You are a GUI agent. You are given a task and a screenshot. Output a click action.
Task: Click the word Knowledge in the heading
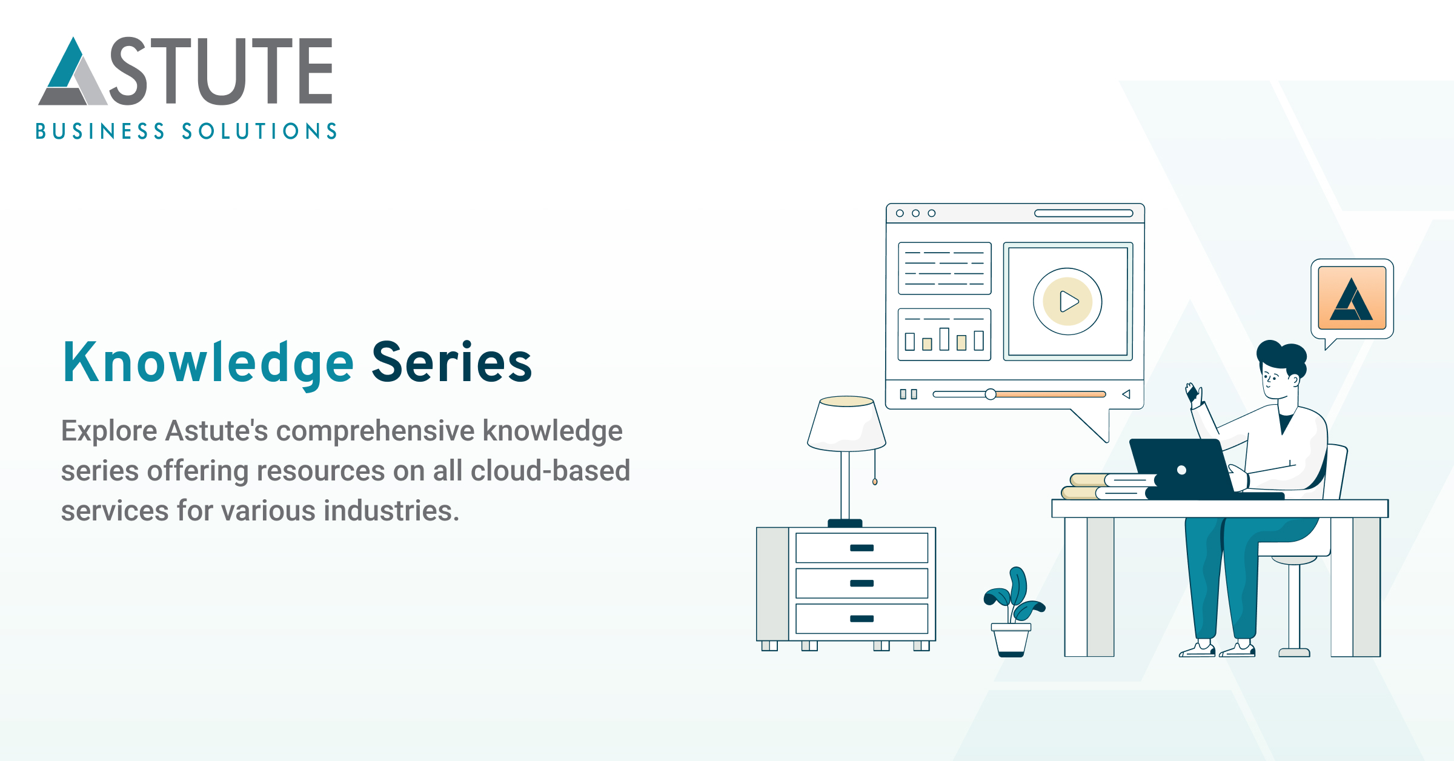(208, 363)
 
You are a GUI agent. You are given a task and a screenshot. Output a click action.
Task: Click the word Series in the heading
(451, 363)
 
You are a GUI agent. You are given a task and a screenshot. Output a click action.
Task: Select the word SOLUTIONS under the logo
(259, 131)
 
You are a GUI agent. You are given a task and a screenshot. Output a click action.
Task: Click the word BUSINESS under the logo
(100, 131)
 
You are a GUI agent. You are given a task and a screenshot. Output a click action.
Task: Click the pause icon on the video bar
(908, 394)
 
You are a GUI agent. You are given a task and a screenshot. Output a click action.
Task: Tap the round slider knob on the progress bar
(990, 394)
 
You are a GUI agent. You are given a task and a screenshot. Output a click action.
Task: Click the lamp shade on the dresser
(846, 424)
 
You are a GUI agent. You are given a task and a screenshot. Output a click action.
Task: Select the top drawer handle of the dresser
(861, 548)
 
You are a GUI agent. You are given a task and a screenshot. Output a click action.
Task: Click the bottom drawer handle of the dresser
(861, 619)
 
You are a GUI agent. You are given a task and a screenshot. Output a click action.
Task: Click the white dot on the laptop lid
(1181, 470)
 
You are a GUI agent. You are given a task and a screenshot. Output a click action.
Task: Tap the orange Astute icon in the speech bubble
(1352, 298)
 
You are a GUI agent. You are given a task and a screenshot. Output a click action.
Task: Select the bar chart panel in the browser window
(944, 334)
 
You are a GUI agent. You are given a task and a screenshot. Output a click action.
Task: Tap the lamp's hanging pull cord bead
(874, 482)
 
